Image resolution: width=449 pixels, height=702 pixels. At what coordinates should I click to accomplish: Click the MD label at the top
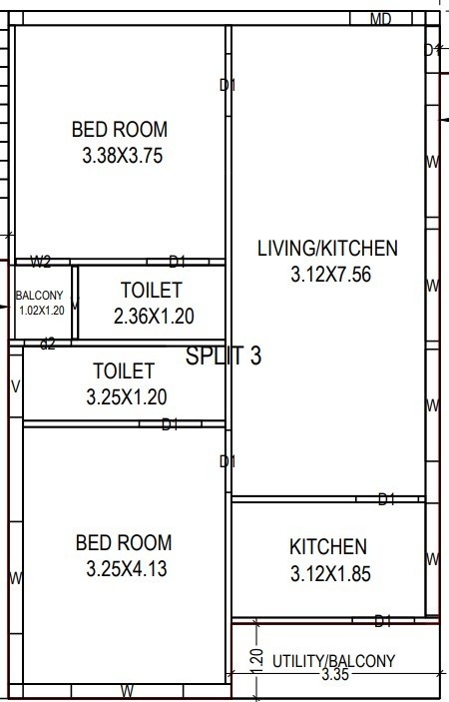tap(380, 19)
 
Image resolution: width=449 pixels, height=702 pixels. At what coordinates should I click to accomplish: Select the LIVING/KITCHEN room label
tap(327, 248)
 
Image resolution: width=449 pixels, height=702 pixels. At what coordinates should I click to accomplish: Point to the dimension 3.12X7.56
tap(330, 274)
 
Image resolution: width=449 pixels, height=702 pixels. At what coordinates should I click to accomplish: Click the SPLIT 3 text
tap(224, 355)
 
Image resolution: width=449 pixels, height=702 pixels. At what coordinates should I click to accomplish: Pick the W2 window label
tap(41, 263)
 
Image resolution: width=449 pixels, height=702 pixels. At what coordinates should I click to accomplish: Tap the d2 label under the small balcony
tap(47, 343)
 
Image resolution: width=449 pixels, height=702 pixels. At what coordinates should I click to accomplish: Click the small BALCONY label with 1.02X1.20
tap(40, 303)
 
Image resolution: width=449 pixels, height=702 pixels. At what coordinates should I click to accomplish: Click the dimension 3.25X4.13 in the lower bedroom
tap(124, 570)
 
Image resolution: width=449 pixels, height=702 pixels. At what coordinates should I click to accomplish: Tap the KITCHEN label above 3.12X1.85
tap(328, 547)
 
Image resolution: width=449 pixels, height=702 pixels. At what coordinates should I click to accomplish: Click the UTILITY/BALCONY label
tap(334, 660)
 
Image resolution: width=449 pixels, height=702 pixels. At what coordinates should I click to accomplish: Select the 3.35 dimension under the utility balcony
tap(334, 676)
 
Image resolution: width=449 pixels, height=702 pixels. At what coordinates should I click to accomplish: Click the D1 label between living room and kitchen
tap(387, 498)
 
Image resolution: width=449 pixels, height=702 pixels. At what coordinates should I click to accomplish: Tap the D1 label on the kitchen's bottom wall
tap(381, 621)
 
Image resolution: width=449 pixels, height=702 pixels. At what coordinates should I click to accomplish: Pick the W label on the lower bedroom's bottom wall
tap(128, 690)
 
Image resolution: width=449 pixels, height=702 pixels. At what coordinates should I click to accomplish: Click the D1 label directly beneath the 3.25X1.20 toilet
tap(171, 424)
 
